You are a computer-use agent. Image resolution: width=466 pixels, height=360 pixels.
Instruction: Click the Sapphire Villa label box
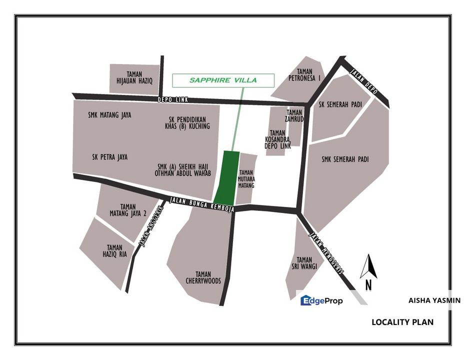[x=223, y=80]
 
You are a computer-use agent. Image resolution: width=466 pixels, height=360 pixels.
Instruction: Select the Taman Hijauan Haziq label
[x=134, y=77]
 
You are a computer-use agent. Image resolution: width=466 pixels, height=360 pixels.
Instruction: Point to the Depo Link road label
[x=172, y=100]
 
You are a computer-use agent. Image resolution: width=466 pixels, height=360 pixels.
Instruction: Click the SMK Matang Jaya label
[x=109, y=115]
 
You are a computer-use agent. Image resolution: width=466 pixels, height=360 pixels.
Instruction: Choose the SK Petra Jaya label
[x=110, y=157]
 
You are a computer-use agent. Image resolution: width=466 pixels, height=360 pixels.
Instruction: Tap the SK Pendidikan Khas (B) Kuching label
[x=187, y=122]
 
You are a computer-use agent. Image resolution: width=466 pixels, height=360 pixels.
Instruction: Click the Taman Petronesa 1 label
[x=304, y=74]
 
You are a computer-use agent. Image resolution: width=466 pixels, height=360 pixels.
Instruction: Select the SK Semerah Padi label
[x=339, y=104]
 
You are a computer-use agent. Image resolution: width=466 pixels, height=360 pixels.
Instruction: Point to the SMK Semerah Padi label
[x=345, y=159]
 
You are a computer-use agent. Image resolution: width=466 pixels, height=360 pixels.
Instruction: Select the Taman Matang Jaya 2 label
[x=128, y=210]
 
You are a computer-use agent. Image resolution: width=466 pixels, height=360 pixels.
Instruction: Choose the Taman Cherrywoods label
[x=203, y=277]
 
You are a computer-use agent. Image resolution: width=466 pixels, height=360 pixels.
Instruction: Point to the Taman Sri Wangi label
[x=304, y=263]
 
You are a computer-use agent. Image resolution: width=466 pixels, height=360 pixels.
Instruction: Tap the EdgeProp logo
[x=321, y=300]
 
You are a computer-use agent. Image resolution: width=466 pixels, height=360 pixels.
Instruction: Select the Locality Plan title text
[x=402, y=322]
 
